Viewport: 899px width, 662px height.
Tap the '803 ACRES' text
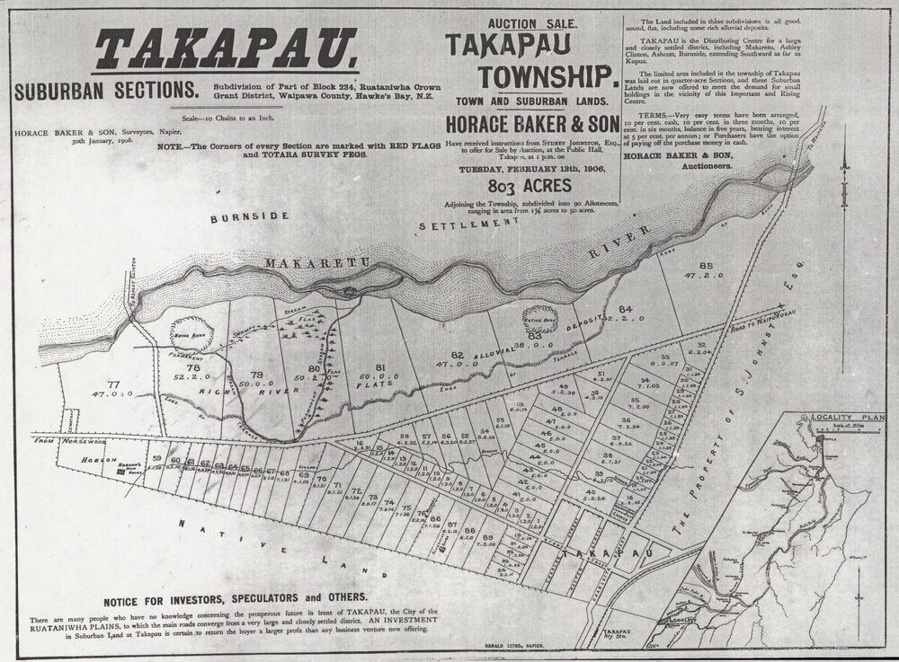pos(526,188)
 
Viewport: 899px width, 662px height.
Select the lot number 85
pos(705,265)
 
